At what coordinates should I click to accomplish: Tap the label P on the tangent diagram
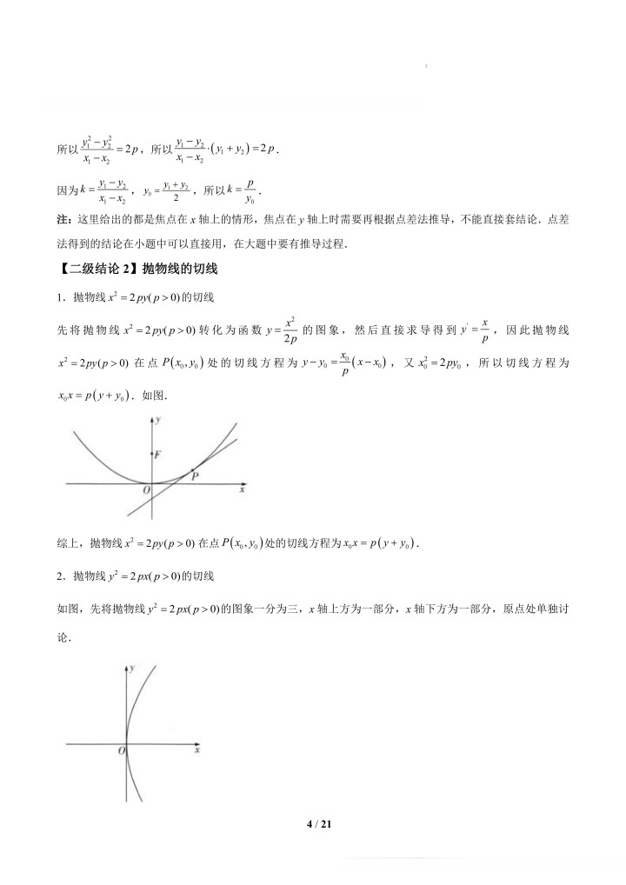pos(196,476)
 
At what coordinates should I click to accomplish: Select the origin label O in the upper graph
pos(145,491)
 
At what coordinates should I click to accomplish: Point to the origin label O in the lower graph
pos(123,750)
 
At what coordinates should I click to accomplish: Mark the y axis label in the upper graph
pos(160,421)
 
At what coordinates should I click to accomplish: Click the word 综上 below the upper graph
pos(67,544)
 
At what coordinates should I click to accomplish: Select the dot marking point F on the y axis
pos(153,454)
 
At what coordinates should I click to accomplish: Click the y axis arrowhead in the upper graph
pos(153,420)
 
